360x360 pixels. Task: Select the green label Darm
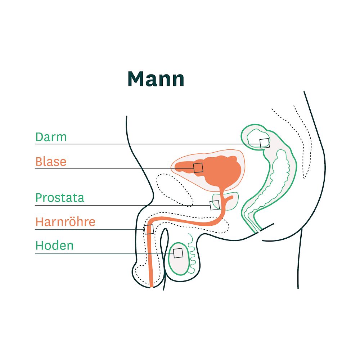tap(51, 137)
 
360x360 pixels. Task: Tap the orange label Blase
tap(51, 162)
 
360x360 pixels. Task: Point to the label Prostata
tap(60, 198)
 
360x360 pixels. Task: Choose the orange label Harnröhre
tap(65, 222)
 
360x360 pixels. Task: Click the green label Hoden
tap(54, 246)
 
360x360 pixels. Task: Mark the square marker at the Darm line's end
tap(265, 143)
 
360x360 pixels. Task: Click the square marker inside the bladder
tap(198, 167)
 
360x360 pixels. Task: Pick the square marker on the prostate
tap(215, 205)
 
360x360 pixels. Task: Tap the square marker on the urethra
tap(149, 229)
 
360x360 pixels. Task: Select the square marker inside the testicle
tap(178, 253)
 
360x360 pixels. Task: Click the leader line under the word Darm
tap(108, 144)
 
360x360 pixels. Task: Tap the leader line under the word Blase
tap(108, 168)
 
